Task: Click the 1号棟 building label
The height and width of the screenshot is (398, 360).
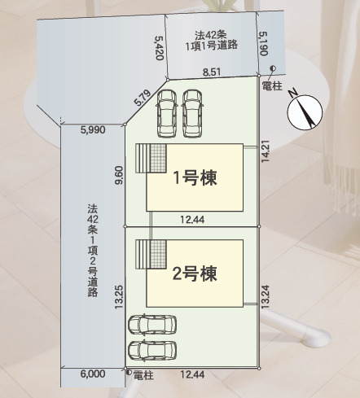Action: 195,178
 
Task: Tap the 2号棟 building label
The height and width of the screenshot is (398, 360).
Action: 195,273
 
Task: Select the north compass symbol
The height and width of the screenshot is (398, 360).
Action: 305,112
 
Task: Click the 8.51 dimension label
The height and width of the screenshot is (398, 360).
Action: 212,72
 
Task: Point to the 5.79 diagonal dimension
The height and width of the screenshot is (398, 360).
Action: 143,98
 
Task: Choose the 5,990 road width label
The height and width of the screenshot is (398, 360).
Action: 93,129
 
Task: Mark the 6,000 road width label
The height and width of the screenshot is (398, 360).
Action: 93,374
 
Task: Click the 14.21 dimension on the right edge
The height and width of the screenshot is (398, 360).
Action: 266,151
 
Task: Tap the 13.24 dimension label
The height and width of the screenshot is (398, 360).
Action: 266,296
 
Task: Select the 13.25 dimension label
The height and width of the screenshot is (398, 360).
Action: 119,297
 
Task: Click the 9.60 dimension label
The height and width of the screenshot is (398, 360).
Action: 119,175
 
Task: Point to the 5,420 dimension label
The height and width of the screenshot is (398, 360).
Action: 159,48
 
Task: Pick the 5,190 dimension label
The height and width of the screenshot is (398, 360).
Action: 264,44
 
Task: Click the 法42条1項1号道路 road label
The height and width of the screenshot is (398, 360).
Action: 212,40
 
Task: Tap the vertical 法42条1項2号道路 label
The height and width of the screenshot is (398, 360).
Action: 93,251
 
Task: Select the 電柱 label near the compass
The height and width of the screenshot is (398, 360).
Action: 272,86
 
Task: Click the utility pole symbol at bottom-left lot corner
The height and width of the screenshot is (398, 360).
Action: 129,373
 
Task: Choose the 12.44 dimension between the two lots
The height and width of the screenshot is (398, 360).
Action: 192,219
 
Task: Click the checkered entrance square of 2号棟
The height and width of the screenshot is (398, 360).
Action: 158,254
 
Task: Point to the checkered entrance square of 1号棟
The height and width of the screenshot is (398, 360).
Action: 158,158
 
